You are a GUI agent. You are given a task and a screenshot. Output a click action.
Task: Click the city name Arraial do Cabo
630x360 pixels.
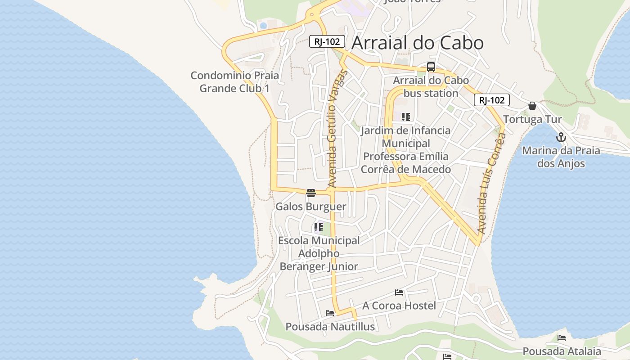(417, 43)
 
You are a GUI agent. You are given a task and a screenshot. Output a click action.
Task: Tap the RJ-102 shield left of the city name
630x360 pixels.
(327, 41)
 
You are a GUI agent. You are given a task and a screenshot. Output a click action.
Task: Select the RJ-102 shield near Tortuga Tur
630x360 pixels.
(491, 100)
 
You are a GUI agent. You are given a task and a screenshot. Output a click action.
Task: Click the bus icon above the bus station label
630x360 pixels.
(431, 67)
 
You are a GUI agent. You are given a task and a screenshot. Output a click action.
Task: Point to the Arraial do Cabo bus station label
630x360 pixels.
(431, 87)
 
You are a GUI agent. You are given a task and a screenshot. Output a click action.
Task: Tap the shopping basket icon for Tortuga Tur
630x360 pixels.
(532, 106)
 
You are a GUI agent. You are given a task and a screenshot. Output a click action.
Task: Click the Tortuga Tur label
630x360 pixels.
(532, 119)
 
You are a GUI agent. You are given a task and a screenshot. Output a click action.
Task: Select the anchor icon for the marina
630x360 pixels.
(561, 137)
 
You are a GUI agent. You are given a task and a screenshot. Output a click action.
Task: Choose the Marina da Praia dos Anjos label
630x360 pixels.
(561, 157)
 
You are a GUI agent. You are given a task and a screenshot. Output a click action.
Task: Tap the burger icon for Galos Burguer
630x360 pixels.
(310, 193)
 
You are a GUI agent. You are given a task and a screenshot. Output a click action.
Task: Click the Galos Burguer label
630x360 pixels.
(310, 207)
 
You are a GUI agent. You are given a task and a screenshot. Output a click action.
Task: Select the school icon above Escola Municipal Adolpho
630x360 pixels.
(319, 227)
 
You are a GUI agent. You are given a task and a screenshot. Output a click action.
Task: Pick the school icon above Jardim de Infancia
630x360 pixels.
(406, 117)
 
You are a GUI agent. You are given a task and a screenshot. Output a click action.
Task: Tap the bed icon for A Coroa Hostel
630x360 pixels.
(399, 292)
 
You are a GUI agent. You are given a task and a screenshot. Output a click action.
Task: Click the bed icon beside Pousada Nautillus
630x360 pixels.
(330, 313)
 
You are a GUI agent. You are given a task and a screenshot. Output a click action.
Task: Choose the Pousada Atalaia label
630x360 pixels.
(562, 351)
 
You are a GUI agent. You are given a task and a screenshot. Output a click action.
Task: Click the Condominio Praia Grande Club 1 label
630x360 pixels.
(234, 81)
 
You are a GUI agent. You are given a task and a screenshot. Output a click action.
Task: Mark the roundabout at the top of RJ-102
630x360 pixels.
(311, 15)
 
